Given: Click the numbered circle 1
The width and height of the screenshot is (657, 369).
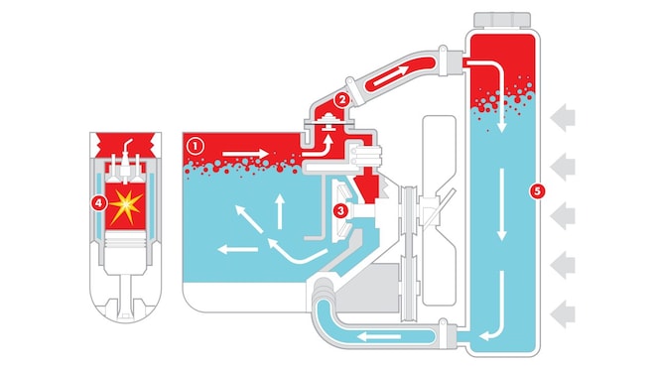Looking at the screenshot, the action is [196, 144].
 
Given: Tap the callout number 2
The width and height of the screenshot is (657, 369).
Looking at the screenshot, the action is [341, 98].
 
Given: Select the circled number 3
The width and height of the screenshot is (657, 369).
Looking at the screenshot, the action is [340, 209].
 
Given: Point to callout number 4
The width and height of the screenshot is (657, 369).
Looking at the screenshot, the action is [96, 203].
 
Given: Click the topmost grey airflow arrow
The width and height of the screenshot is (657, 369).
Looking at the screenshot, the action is [565, 118].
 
